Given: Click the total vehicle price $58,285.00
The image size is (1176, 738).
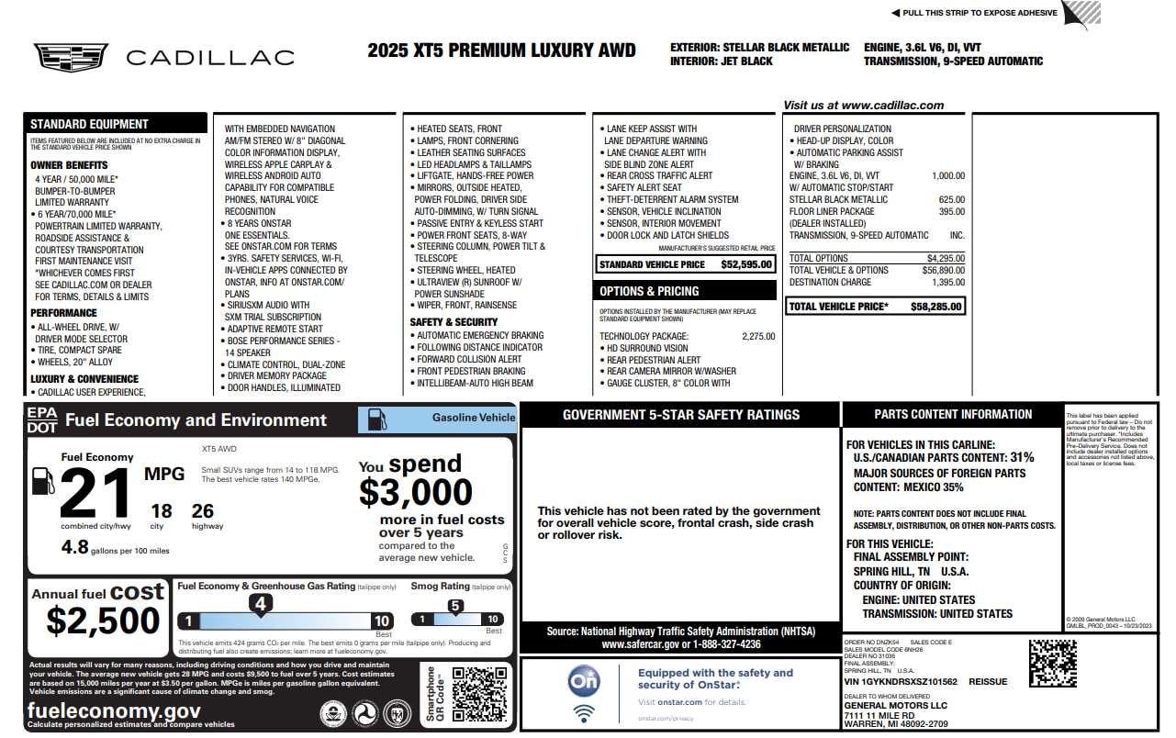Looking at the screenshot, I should [936, 307].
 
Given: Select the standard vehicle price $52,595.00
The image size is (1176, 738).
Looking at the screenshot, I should [746, 264].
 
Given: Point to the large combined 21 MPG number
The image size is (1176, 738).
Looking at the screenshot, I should [95, 493].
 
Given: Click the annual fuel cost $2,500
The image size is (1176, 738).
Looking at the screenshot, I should [103, 621].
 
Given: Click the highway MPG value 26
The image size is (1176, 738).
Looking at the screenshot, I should [203, 511].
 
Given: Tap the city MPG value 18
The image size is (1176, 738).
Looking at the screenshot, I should [162, 511].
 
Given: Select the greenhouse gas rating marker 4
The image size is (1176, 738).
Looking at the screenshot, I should [261, 604].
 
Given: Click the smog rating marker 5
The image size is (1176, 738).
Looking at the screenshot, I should [455, 606].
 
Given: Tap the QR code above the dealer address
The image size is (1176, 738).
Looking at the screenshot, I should [1052, 663].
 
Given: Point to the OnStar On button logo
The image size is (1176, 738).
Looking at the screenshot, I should [584, 680].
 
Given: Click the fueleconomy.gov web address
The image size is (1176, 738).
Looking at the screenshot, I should [114, 710].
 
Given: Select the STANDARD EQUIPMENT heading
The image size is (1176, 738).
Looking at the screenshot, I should [89, 124].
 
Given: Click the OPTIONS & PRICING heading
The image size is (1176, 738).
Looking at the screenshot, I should [649, 291].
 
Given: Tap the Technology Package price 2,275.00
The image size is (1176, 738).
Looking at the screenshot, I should [757, 337].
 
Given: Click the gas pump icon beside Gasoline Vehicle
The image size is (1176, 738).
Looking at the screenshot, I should [376, 419].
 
